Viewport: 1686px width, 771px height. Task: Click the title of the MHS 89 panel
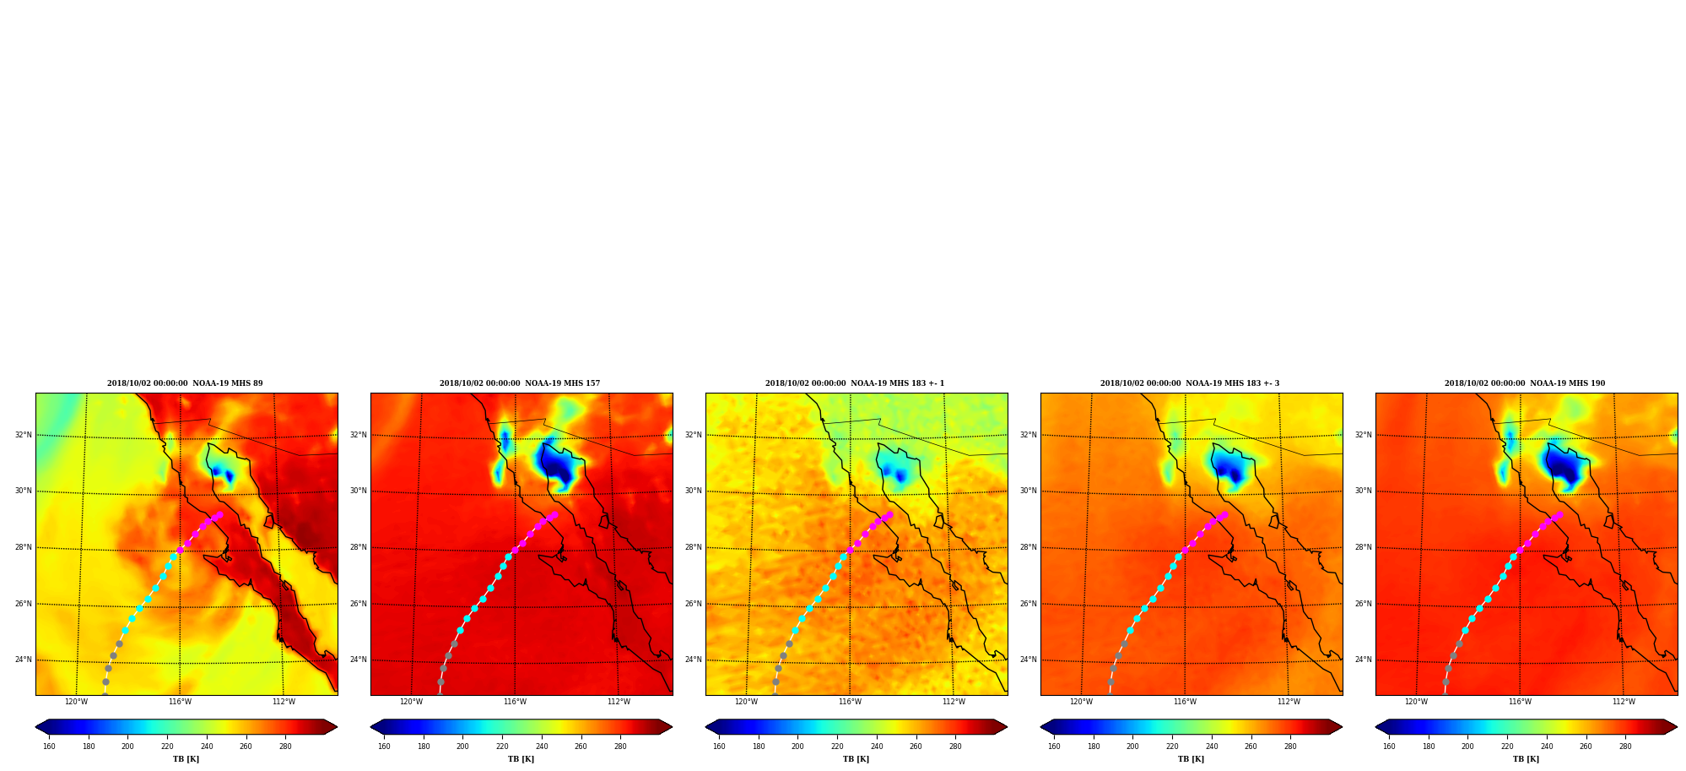pos(185,383)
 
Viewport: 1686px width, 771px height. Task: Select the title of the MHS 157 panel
pos(520,383)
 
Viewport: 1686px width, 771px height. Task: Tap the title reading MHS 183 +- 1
pos(855,383)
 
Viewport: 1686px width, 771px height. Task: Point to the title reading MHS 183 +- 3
pos(1190,383)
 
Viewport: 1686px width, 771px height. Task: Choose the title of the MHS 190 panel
pos(1525,383)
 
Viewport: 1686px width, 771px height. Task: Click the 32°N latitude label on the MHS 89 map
pos(24,435)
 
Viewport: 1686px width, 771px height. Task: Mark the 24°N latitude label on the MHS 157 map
pos(359,660)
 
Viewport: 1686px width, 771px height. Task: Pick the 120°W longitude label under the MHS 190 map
pos(1416,702)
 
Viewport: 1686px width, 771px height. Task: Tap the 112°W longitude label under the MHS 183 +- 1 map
pos(954,702)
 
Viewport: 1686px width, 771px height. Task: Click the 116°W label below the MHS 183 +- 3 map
pos(1185,702)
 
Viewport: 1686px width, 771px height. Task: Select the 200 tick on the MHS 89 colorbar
pos(127,747)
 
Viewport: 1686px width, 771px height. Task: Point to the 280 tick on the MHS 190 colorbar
pos(1625,747)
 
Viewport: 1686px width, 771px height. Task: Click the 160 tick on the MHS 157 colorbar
pos(384,747)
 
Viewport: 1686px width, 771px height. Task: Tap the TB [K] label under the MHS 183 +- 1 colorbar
pos(856,759)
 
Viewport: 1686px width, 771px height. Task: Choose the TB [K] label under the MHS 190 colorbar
pos(1526,759)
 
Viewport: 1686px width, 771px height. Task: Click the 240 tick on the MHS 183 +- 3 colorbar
pos(1212,747)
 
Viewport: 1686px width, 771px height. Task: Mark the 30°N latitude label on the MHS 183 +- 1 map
pos(694,491)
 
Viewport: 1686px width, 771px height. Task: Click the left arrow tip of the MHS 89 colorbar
pos(35,727)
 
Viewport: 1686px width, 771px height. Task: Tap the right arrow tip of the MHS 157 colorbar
pos(673,727)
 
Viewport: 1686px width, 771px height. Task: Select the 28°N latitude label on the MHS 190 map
pos(1364,547)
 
